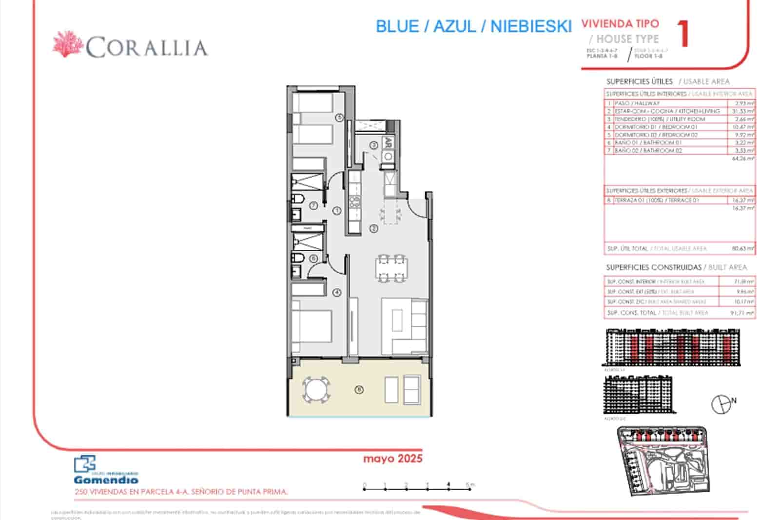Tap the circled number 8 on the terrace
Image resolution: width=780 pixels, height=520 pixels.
[359, 389]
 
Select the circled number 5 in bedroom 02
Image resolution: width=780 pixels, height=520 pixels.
[340, 117]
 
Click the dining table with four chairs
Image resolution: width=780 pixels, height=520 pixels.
[391, 268]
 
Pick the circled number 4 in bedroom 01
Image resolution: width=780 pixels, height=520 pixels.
[336, 293]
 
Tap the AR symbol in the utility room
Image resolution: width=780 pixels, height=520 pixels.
[389, 143]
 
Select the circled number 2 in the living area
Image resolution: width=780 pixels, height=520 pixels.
[374, 228]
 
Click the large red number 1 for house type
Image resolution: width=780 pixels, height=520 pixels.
[684, 33]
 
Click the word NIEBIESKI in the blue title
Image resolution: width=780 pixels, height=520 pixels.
[530, 26]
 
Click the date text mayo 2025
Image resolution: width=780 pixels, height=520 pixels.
[392, 459]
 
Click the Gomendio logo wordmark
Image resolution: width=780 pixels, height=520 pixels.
[106, 480]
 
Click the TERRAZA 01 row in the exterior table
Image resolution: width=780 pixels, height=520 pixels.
[657, 200]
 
